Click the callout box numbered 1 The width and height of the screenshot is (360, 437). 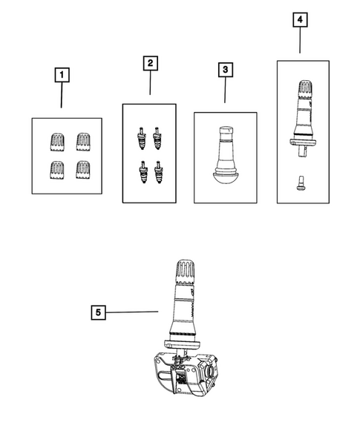click(x=62, y=75)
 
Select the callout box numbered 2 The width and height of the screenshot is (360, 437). click(x=151, y=63)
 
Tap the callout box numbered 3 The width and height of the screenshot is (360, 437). click(x=226, y=70)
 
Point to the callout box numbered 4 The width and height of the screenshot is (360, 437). click(x=300, y=20)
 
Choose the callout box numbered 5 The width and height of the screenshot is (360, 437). click(x=99, y=312)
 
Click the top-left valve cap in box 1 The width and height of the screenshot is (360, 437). click(x=58, y=142)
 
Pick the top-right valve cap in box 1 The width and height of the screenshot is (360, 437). click(x=83, y=142)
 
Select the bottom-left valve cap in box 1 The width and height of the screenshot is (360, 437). click(x=57, y=170)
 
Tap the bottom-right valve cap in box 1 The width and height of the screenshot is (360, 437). click(x=83, y=169)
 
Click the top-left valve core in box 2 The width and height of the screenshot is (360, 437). click(x=142, y=138)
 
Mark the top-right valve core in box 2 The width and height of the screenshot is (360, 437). click(x=157, y=138)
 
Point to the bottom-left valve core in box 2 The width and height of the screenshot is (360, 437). click(x=143, y=172)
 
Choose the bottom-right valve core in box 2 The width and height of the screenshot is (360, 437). click(x=158, y=172)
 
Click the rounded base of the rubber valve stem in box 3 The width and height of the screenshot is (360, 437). click(x=226, y=177)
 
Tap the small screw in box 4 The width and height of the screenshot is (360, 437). click(x=301, y=183)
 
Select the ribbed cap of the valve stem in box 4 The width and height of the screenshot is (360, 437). click(x=306, y=89)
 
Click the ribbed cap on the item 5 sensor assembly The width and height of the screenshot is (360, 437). click(x=185, y=272)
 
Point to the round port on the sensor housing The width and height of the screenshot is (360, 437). click(x=209, y=371)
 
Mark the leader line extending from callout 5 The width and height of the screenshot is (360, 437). click(x=132, y=312)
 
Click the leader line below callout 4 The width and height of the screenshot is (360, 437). click(x=300, y=40)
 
